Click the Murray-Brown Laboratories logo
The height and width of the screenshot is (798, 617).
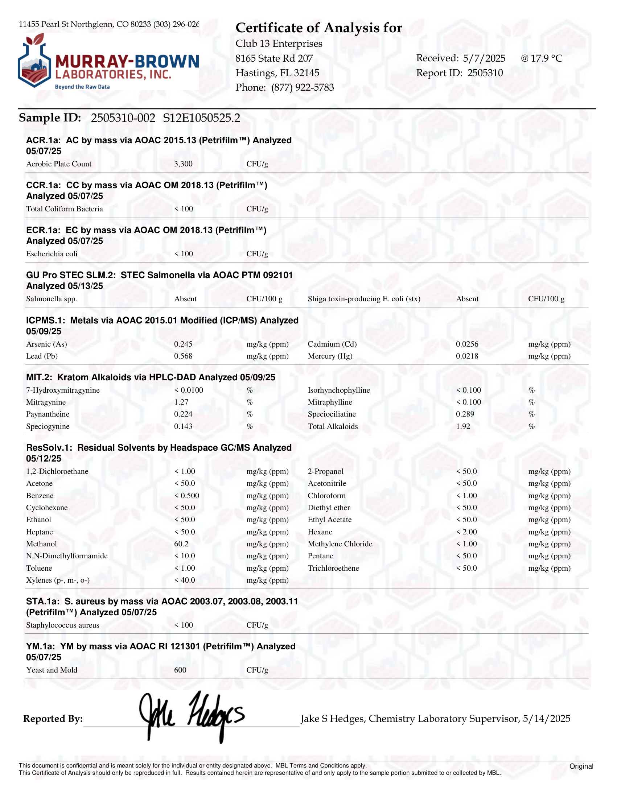coord(108,62)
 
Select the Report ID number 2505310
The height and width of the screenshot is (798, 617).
coord(485,73)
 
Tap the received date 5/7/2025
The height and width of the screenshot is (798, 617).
coord(484,58)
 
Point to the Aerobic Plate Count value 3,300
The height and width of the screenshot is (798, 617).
coord(183,164)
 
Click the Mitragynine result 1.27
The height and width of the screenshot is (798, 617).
coord(181,402)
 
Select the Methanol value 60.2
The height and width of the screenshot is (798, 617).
coord(181,544)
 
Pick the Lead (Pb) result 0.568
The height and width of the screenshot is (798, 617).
coord(183,356)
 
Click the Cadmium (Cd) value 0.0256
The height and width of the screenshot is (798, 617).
coord(467,344)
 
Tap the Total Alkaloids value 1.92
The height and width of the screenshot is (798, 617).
coord(463,426)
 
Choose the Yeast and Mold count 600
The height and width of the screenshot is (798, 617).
coord(180,670)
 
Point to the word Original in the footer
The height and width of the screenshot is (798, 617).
coord(581,766)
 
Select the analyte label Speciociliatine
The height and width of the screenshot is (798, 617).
coord(332,414)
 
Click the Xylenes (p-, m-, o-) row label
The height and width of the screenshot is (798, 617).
coord(58,580)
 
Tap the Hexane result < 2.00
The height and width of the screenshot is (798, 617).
coord(467,532)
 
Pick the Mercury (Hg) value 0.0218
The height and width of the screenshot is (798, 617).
coord(467,356)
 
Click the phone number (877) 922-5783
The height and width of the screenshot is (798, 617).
coord(302,88)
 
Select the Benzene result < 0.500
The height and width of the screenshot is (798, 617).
coord(187,496)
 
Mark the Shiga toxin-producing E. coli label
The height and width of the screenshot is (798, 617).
coord(364,299)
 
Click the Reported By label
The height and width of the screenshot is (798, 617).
coord(53,719)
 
